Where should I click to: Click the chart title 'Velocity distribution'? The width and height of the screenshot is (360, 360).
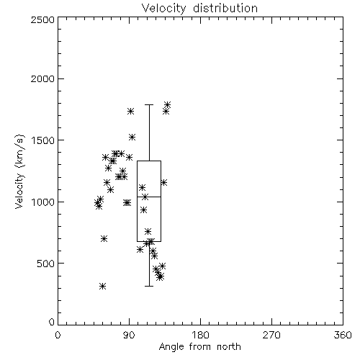click(x=199, y=8)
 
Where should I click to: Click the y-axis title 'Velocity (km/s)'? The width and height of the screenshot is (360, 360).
click(x=19, y=171)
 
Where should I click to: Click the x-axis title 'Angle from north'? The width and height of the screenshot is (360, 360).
click(x=199, y=347)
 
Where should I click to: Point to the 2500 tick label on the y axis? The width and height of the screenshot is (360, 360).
click(x=42, y=19)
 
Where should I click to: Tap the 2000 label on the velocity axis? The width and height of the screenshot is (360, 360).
click(x=42, y=78)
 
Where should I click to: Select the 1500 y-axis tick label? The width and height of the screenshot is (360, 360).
click(x=43, y=140)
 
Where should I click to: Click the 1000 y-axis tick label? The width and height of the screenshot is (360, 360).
click(x=43, y=202)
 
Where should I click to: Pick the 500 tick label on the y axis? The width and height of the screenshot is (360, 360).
click(x=46, y=264)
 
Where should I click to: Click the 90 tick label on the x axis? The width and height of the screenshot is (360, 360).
click(x=129, y=335)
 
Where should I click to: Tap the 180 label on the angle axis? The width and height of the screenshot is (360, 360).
click(x=200, y=335)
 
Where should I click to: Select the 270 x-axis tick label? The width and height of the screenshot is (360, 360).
click(x=271, y=335)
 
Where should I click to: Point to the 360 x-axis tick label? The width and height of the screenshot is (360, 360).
click(x=343, y=335)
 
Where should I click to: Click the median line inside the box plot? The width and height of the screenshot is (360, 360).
click(x=149, y=197)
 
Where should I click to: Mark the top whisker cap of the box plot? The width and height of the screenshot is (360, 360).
click(x=149, y=104)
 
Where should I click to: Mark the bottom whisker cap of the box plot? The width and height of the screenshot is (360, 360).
click(x=149, y=286)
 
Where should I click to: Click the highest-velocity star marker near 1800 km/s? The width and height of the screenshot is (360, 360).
click(x=167, y=104)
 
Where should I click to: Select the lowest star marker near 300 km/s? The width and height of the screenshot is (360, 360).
click(x=102, y=286)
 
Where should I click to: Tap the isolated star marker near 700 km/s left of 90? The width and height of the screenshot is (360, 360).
click(x=104, y=238)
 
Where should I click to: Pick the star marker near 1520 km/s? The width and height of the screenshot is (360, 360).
click(x=132, y=138)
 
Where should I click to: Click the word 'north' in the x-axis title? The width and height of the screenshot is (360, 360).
click(x=229, y=347)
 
